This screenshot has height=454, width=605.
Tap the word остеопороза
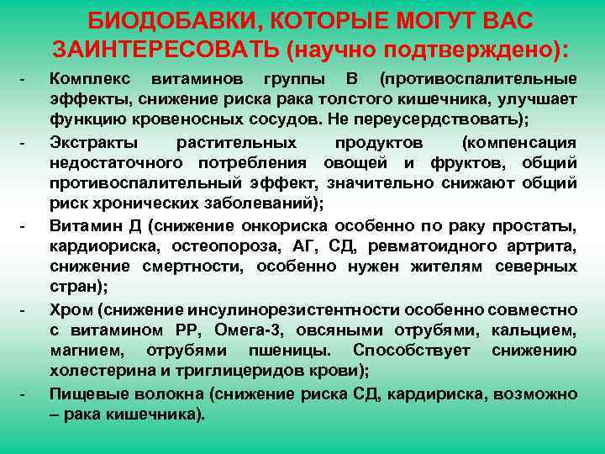coord(222,245)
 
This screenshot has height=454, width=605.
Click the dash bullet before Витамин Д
coord(24,226)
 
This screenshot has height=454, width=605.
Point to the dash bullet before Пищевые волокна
coord(24,393)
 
